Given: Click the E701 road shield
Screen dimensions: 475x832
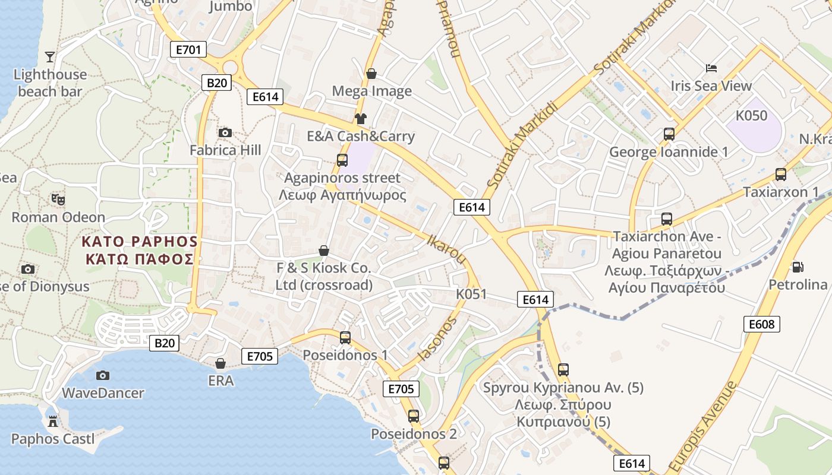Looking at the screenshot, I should point(188,49).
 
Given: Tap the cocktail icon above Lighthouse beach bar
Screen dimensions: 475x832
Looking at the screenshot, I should point(50,57).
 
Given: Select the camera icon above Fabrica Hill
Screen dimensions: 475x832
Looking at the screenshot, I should point(225,132).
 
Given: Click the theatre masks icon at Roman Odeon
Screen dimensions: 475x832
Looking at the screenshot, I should point(58,199).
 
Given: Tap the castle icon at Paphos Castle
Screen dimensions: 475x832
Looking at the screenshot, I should point(53,421).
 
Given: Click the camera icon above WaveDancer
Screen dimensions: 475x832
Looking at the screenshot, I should point(103,375).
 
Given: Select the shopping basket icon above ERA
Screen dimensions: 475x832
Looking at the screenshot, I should point(220,363).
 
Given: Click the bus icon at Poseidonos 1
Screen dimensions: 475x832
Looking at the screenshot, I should point(345,337).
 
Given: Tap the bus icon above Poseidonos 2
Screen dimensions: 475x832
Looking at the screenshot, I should point(414,416).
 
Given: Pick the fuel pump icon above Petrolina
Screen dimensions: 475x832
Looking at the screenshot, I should point(798,267).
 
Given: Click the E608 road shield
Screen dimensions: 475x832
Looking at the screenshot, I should point(761,324).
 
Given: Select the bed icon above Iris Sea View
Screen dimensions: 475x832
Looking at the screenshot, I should point(711,68).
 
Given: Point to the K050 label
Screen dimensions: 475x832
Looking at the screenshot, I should point(752,116).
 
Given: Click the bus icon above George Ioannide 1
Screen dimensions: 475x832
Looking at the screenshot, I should point(669,134).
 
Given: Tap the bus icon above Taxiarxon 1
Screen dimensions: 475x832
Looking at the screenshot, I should point(781,174).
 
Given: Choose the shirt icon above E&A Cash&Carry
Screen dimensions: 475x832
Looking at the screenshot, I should point(360,118).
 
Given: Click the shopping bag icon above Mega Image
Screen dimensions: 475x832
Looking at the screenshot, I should point(371,74).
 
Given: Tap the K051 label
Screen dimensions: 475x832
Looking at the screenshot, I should point(471,294).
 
